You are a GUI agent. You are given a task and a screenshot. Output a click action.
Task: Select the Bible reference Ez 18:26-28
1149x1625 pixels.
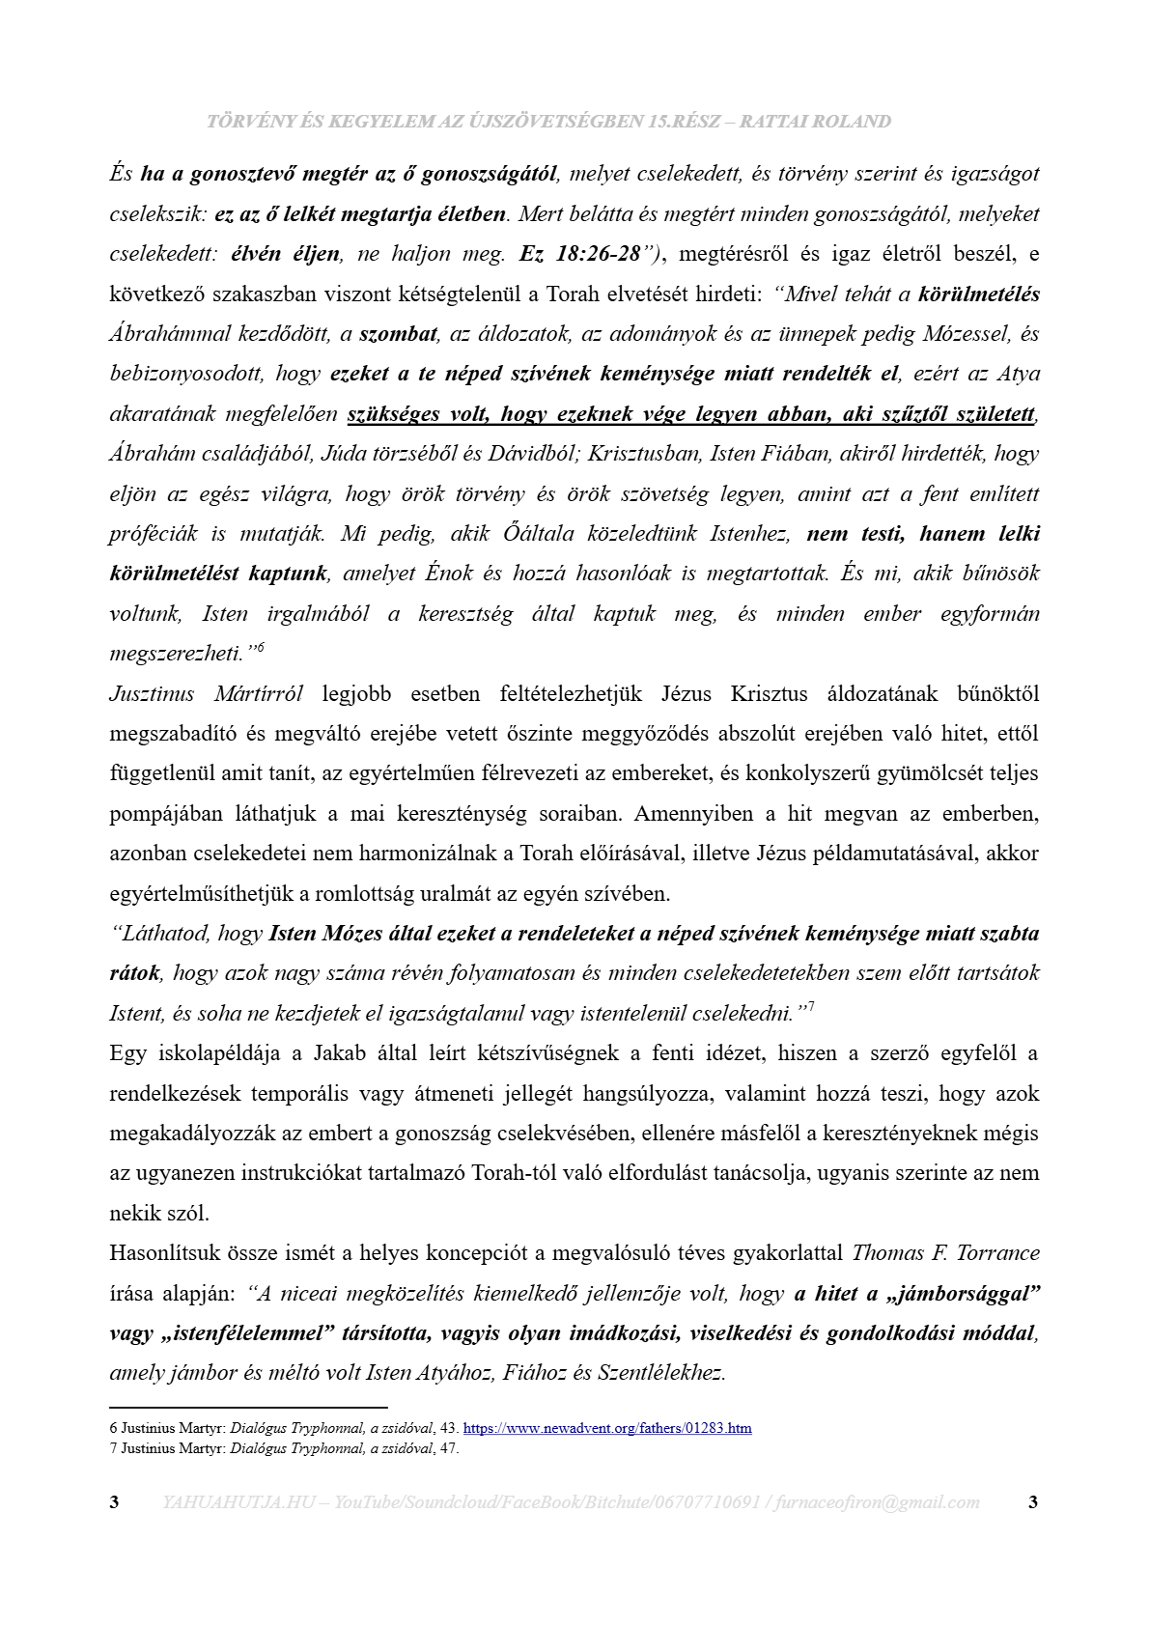(579, 254)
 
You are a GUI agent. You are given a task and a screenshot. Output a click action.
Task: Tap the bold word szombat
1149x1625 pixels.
(398, 334)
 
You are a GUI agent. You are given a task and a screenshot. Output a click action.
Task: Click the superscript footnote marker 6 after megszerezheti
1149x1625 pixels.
(260, 647)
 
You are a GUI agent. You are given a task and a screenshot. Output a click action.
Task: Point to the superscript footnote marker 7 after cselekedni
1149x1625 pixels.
(810, 1007)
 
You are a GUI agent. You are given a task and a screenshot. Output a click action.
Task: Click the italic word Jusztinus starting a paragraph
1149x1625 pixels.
(152, 693)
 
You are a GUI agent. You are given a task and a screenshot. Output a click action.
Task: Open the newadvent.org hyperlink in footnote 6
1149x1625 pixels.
(607, 1428)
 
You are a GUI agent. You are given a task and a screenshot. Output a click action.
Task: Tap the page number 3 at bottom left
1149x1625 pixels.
(115, 1502)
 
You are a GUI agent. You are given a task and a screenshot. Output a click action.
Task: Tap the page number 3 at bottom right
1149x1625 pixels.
(1033, 1502)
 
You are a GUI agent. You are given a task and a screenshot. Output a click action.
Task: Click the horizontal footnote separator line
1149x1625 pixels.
(248, 1408)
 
